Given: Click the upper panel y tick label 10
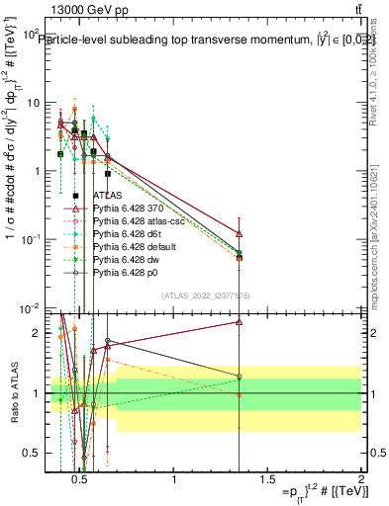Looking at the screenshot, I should [x=33, y=102].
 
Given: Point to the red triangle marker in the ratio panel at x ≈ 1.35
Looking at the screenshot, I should [x=239, y=321].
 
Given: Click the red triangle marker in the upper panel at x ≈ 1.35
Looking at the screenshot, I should [x=239, y=234].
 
